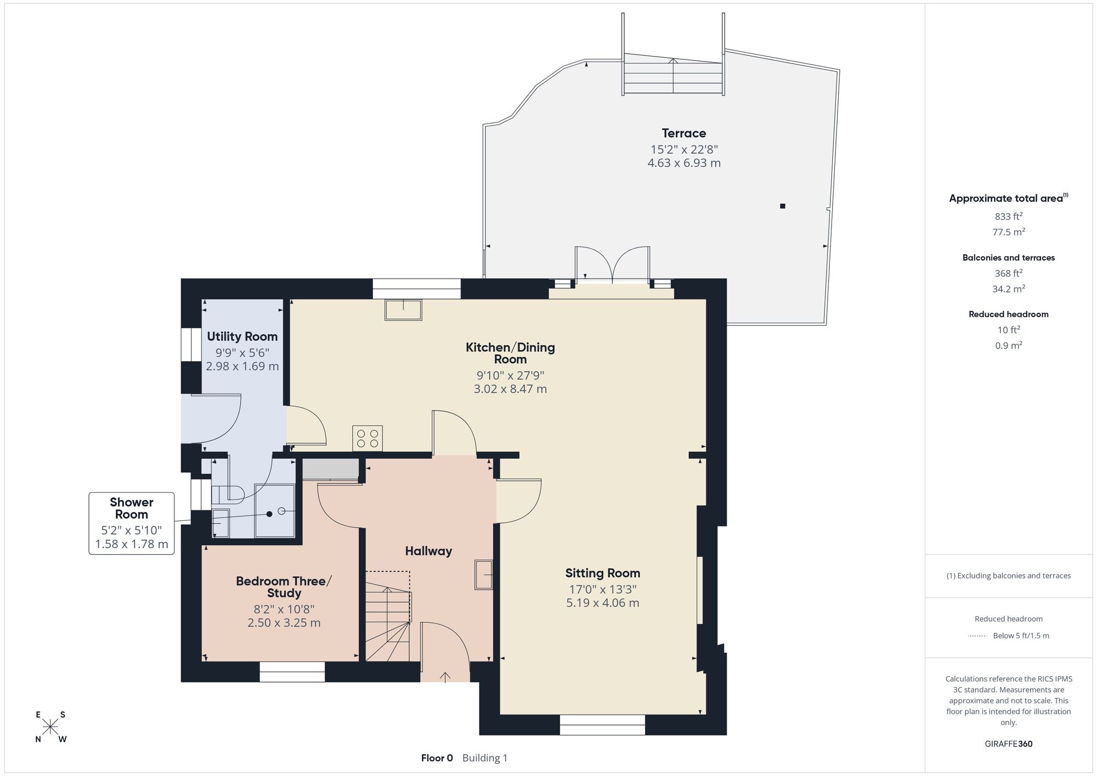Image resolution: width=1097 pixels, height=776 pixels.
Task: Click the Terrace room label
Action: coord(683,133)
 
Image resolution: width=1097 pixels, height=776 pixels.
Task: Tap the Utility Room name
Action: coord(242,336)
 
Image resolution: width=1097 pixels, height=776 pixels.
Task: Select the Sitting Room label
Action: coord(603,573)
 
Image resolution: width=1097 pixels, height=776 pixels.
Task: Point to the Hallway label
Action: coord(428,551)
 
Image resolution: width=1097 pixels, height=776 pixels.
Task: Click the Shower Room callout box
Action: coord(132,524)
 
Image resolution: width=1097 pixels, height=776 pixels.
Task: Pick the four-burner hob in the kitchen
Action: coord(367,438)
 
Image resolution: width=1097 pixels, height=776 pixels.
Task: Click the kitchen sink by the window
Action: coord(403,310)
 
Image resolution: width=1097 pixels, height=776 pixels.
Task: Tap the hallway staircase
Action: coord(388,616)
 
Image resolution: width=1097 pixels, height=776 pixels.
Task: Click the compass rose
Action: coord(50,727)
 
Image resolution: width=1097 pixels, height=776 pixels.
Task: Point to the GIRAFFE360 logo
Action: coord(1008,744)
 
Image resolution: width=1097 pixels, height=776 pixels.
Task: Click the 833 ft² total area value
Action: coord(1008,216)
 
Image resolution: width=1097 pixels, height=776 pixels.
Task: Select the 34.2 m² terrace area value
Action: coord(1008,289)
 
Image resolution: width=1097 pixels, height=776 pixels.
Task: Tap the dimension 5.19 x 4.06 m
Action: coord(603,603)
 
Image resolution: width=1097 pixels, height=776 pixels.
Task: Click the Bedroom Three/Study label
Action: coord(284,587)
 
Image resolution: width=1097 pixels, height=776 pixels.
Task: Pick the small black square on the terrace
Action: coord(783,206)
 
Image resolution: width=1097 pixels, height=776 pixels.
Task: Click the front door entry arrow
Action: coord(445,677)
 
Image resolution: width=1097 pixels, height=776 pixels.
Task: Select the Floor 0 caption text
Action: coord(437,758)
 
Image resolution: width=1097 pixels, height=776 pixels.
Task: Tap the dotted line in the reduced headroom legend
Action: coord(977,636)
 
